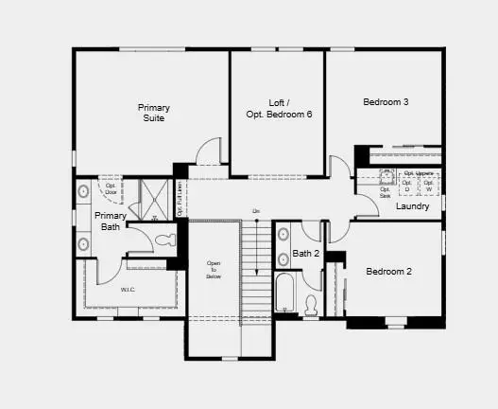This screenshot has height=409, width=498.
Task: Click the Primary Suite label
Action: [x=154, y=113]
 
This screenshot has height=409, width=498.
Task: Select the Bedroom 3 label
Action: [x=386, y=101]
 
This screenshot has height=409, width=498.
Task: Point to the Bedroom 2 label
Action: [x=389, y=272]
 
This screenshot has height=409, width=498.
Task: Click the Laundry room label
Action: [x=413, y=205]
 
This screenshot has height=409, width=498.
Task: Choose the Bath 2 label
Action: [x=306, y=253]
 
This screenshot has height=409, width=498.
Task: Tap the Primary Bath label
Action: [x=111, y=222]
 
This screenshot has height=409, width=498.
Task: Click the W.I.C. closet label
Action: [x=128, y=289]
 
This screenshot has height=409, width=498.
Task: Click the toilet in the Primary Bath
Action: [x=167, y=240]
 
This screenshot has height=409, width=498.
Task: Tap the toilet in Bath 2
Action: [x=311, y=304]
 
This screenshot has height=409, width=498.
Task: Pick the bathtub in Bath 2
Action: [x=284, y=293]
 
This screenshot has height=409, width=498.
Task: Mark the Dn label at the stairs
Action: [x=255, y=210]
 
